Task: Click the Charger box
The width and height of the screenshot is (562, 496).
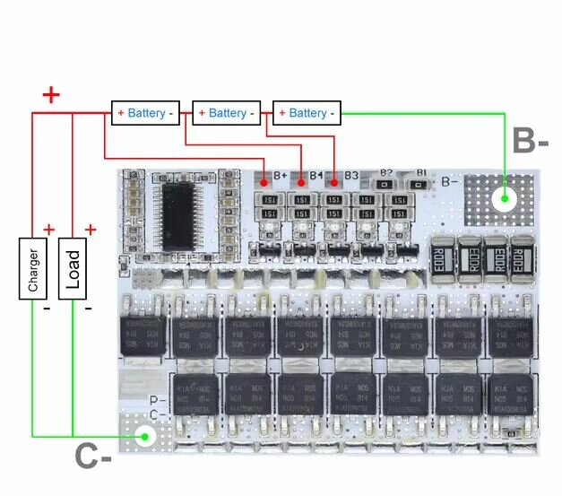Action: pyautogui.click(x=33, y=267)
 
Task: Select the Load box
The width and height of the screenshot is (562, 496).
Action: pyautogui.click(x=73, y=267)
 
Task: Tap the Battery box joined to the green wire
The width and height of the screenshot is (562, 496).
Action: pyautogui.click(x=307, y=113)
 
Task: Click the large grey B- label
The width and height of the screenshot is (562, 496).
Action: pyautogui.click(x=530, y=141)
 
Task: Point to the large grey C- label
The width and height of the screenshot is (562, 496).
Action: pyautogui.click(x=92, y=457)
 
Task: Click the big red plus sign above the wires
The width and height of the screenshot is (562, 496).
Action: pyautogui.click(x=52, y=93)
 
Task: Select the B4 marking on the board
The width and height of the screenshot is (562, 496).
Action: pyautogui.click(x=316, y=176)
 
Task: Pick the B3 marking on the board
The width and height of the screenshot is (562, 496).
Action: pyautogui.click(x=351, y=176)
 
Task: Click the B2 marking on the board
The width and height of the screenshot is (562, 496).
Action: pyautogui.click(x=386, y=172)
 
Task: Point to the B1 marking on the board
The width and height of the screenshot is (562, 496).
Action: pyautogui.click(x=421, y=172)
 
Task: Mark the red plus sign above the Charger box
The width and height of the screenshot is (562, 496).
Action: pyautogui.click(x=48, y=230)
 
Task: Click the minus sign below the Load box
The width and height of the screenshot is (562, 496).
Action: pyautogui.click(x=88, y=308)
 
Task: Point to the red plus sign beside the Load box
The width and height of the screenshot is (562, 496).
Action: pyautogui.click(x=90, y=231)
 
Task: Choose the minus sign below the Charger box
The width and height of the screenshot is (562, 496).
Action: pyautogui.click(x=47, y=308)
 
